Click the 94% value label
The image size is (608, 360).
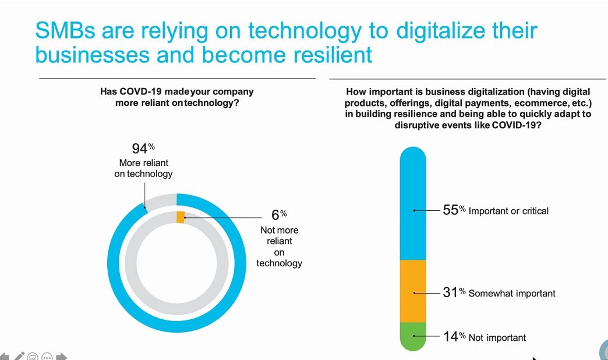(143, 148)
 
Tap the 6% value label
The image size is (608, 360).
(279, 214)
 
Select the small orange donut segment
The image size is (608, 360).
(181, 217)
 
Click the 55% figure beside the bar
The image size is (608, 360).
(454, 210)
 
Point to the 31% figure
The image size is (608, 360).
(454, 292)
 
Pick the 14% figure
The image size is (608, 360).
(454, 336)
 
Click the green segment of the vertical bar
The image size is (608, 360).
(413, 336)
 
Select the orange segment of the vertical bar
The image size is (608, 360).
(413, 291)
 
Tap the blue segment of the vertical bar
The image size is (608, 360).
(413, 203)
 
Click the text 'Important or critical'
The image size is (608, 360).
(509, 211)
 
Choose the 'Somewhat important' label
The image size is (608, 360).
(512, 293)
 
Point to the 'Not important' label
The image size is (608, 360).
(497, 337)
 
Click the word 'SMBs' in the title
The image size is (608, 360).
(65, 30)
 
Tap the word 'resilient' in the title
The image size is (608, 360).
(333, 54)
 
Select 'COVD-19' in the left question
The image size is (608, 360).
(140, 91)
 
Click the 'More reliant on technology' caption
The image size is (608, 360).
(143, 168)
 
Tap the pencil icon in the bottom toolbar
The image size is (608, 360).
(19, 356)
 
